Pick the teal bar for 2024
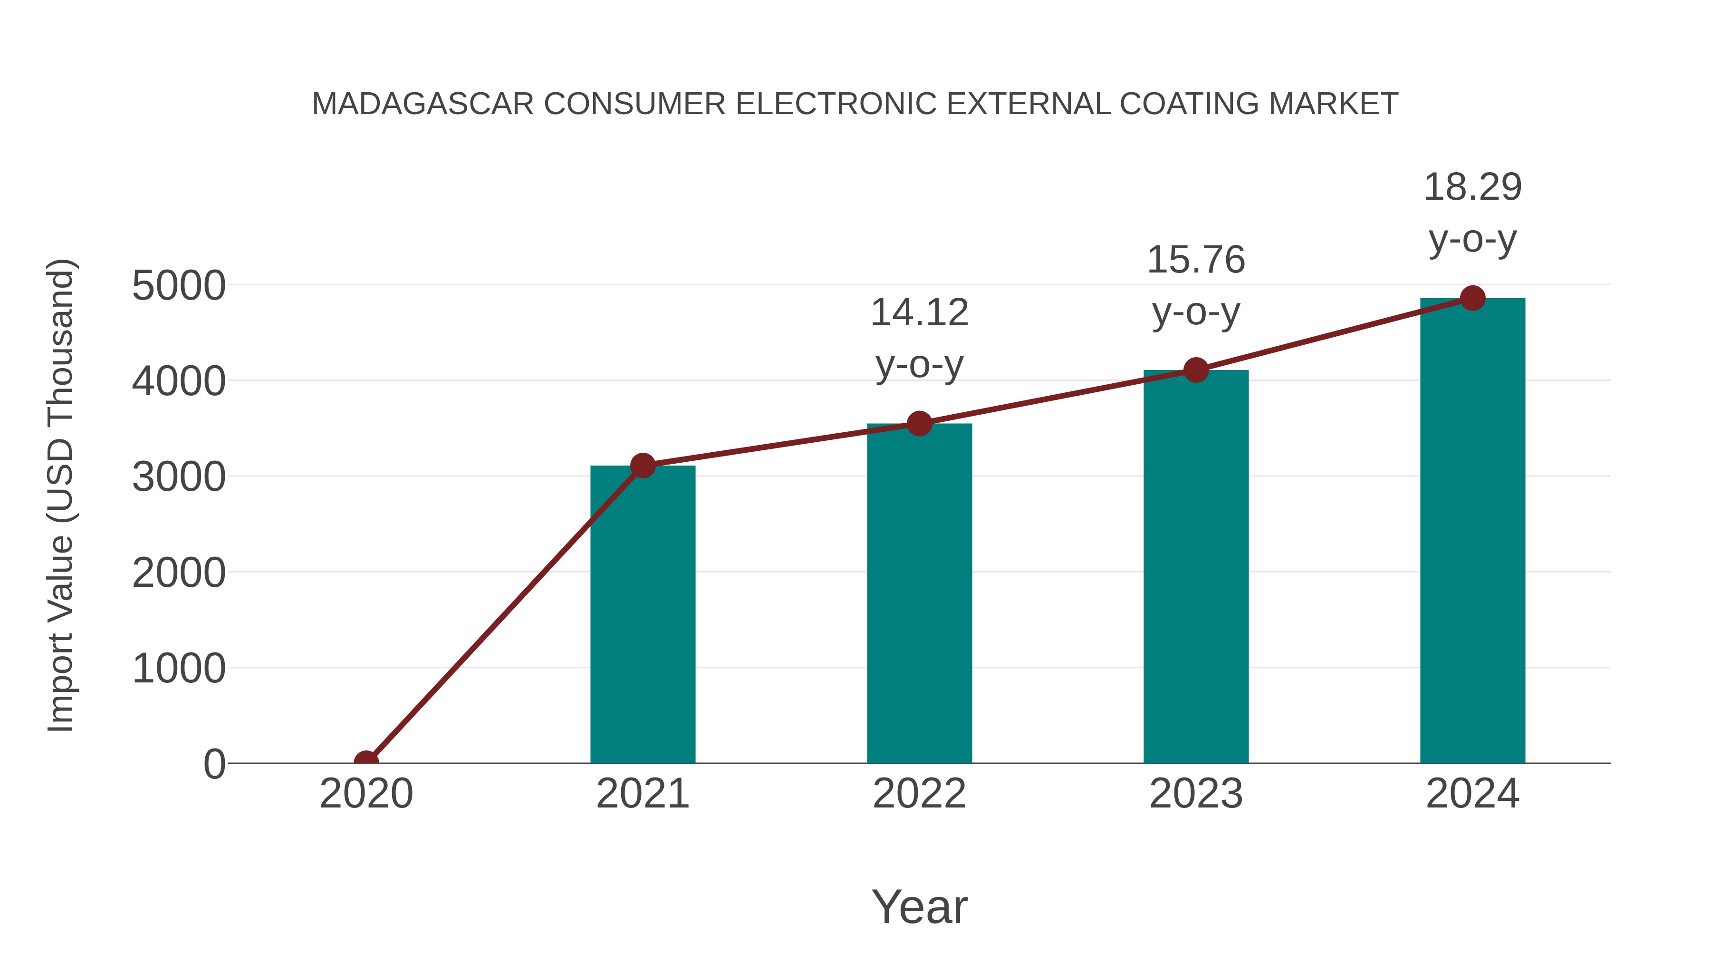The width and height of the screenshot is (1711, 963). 1472,531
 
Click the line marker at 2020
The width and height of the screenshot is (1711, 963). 366,762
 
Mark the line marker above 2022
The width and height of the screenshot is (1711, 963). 919,423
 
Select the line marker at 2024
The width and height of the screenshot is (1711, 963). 1472,298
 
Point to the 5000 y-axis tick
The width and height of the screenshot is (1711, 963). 179,286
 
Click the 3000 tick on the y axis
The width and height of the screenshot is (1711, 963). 179,477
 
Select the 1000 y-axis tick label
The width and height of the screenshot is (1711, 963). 179,669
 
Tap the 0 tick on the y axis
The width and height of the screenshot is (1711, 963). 214,764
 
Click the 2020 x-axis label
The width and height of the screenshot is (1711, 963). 366,794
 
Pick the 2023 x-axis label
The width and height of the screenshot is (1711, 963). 1196,794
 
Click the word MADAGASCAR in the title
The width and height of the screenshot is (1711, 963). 423,104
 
